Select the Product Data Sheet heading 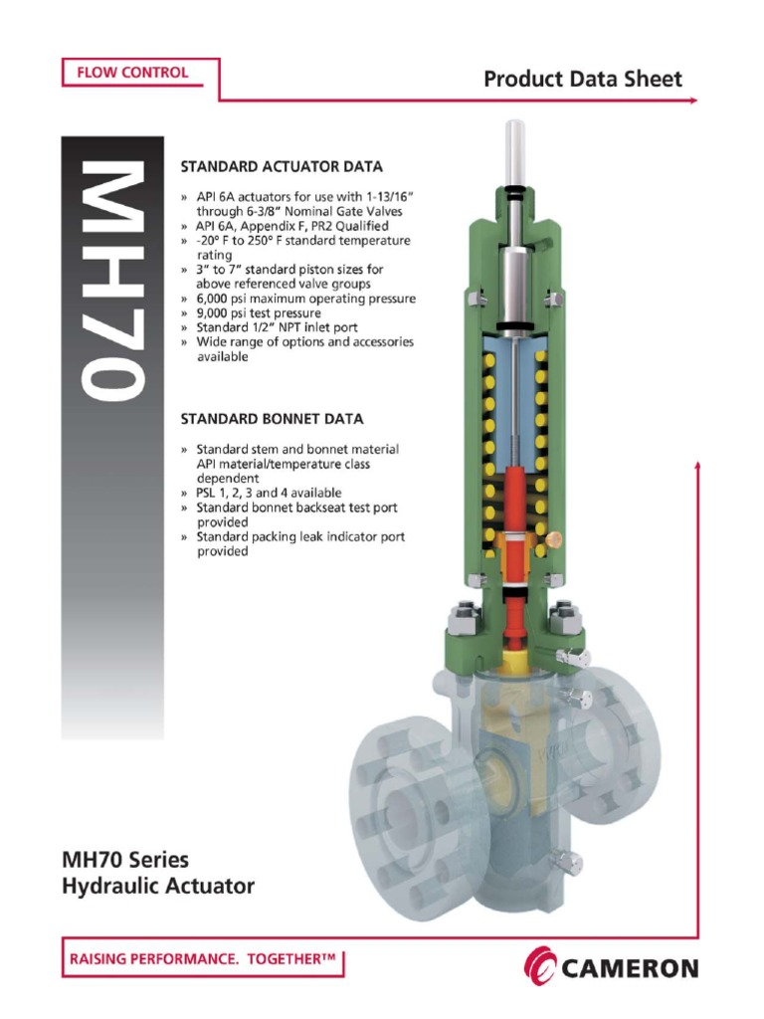tap(583, 80)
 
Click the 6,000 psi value tap(230, 299)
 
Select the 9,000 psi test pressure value tap(230, 312)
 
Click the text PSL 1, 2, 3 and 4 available tap(269, 493)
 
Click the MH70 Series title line tap(125, 859)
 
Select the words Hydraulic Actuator tap(158, 885)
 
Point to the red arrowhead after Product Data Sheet tap(692, 101)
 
